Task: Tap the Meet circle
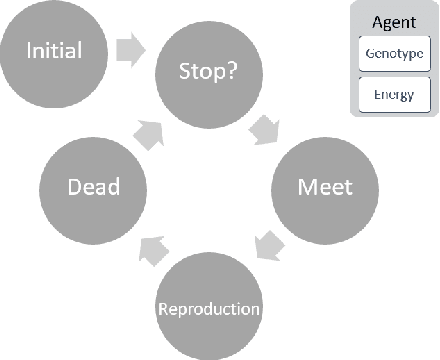pyautogui.click(x=325, y=187)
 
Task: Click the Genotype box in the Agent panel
pyautogui.click(x=393, y=53)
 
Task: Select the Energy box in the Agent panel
pyautogui.click(x=393, y=94)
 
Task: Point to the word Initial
pyautogui.click(x=53, y=49)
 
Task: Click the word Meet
pyautogui.click(x=325, y=187)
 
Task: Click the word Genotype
pyautogui.click(x=393, y=53)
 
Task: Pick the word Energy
pyautogui.click(x=393, y=94)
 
